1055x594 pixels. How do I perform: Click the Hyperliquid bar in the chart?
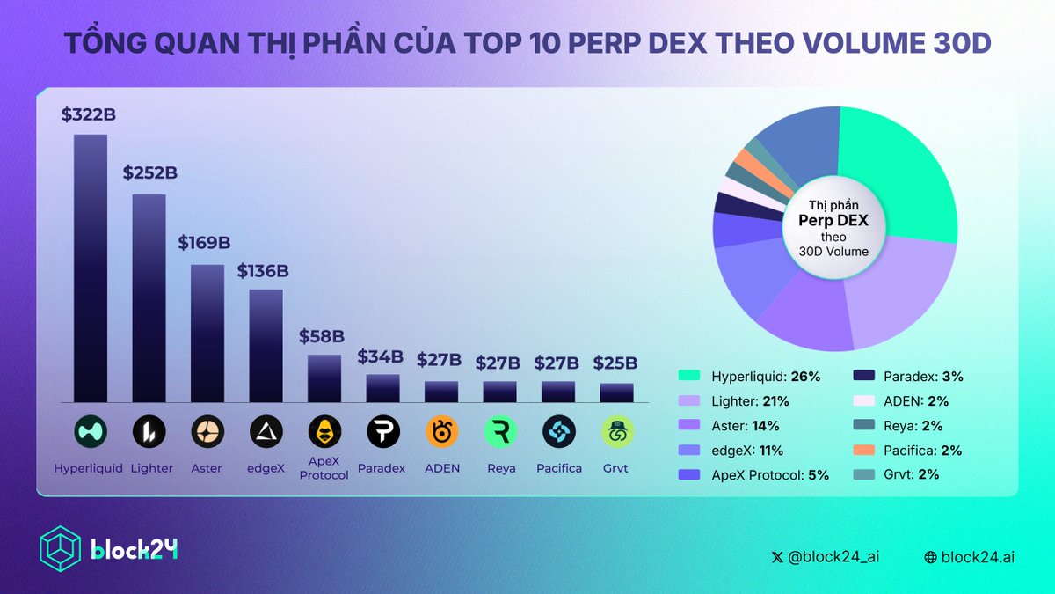(x=91, y=268)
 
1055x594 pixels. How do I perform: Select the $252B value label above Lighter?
(x=149, y=173)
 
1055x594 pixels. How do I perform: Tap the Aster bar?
(x=207, y=333)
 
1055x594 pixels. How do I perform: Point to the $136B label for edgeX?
(x=263, y=271)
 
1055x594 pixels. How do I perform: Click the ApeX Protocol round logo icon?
(x=324, y=431)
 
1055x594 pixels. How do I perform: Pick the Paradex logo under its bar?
(x=382, y=431)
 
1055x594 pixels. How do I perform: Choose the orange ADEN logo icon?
(x=441, y=431)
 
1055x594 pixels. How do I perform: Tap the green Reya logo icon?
(x=500, y=431)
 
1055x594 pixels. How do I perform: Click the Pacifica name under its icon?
(x=559, y=468)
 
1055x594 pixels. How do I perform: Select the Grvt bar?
(x=617, y=392)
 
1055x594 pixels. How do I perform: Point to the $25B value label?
(x=615, y=363)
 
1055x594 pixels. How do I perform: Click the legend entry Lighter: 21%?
(x=749, y=401)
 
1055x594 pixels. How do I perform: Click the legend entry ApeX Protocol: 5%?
(x=765, y=474)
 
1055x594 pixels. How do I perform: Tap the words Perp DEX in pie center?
(x=833, y=221)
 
